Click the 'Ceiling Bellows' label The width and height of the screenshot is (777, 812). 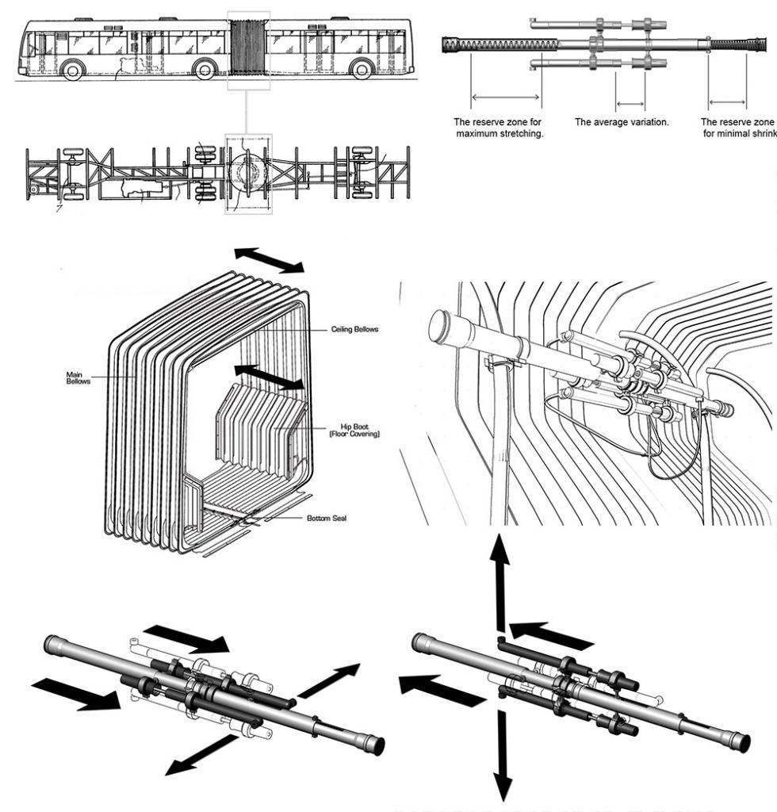[x=353, y=330]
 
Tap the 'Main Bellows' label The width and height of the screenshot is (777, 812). [x=78, y=379]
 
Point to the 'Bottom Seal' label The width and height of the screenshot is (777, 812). [x=327, y=519]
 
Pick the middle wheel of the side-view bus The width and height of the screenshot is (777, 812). [x=205, y=70]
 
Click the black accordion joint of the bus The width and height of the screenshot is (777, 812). [x=248, y=47]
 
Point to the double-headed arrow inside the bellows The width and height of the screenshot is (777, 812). [x=269, y=377]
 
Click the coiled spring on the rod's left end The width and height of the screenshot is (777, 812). [x=499, y=44]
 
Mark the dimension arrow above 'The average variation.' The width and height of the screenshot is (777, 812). [x=630, y=102]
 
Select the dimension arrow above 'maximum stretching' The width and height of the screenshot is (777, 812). [x=505, y=98]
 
